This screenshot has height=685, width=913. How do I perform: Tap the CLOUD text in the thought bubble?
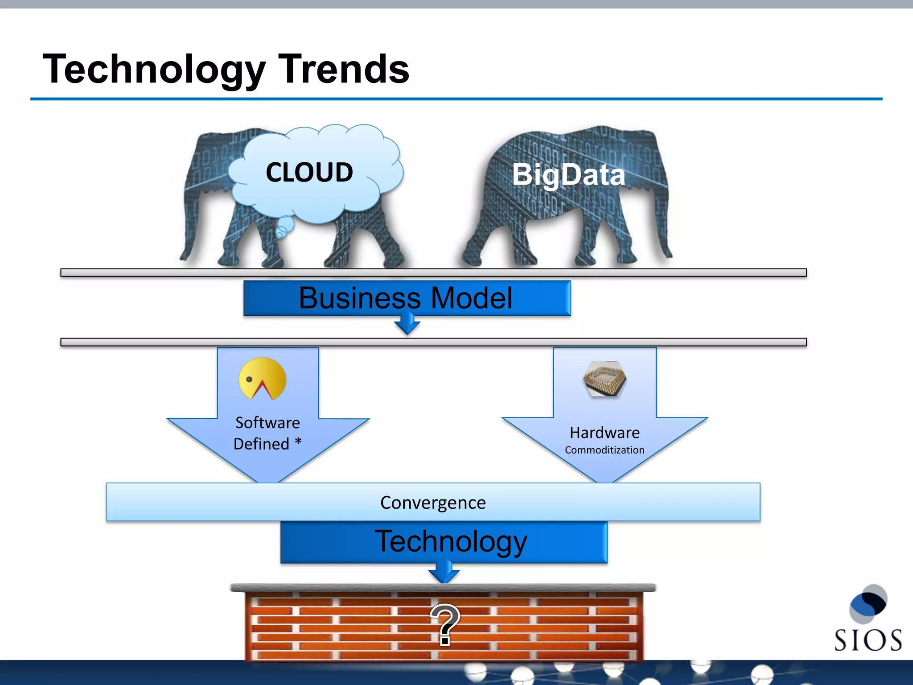tap(309, 172)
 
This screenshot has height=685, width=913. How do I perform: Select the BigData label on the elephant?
tap(568, 174)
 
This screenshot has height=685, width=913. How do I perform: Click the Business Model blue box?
tap(407, 298)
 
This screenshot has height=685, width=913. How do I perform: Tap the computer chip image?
tap(605, 379)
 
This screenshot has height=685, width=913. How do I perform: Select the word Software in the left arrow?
tap(267, 422)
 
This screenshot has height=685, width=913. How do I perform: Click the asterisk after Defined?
tap(298, 442)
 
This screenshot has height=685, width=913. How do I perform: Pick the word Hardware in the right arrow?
tap(605, 433)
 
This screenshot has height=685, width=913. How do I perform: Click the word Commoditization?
tap(605, 450)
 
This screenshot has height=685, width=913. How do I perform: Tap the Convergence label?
tap(433, 503)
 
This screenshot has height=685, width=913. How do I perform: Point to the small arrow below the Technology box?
tap(444, 573)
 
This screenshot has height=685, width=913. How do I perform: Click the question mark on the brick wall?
tap(444, 624)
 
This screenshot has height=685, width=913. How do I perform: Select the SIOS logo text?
tap(868, 640)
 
